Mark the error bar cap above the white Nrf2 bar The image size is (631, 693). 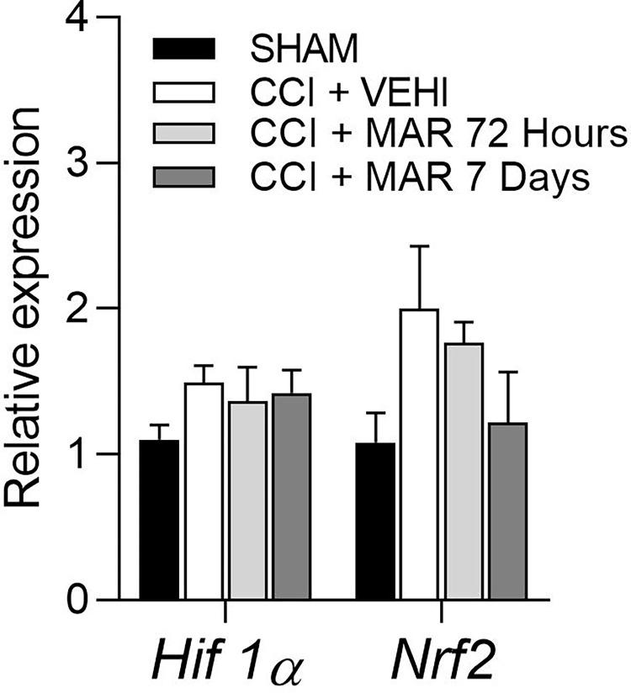click(416, 246)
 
